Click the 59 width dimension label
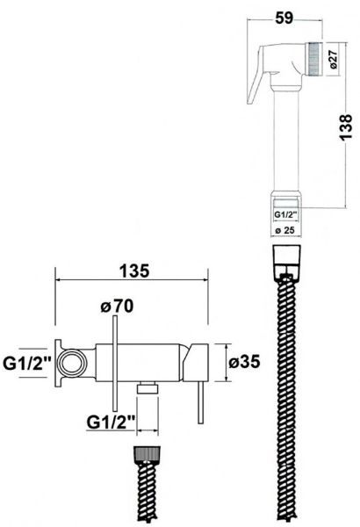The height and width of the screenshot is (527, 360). (284, 18)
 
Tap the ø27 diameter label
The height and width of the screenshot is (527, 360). (333, 60)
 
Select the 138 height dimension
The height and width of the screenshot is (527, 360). (346, 126)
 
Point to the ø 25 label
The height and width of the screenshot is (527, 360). (285, 230)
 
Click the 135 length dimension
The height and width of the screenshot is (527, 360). (134, 271)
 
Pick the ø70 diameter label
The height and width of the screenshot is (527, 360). (117, 306)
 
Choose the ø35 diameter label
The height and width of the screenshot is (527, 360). (244, 362)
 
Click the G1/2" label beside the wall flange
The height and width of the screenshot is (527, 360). (27, 364)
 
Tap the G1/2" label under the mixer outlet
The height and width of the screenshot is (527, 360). (111, 422)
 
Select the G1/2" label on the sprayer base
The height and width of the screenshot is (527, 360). (285, 214)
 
